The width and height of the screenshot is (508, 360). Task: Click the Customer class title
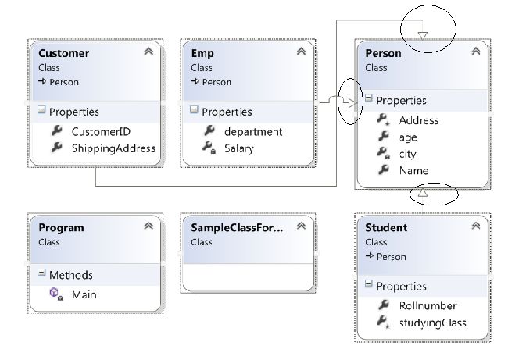[64, 53]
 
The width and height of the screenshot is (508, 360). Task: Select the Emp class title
[203, 53]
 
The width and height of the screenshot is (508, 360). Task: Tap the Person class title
[383, 53]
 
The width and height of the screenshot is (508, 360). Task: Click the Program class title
[62, 227]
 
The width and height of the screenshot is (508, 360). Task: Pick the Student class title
[386, 227]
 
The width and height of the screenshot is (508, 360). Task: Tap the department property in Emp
[252, 131]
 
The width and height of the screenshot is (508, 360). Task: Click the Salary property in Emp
[238, 148]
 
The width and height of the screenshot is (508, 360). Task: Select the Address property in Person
[418, 120]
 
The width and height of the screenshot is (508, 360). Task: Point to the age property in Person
[408, 137]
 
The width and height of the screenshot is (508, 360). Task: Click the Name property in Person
[413, 170]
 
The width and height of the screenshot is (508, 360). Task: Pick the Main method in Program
[84, 294]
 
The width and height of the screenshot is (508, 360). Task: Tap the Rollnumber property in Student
[427, 305]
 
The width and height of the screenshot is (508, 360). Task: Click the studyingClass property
[431, 323]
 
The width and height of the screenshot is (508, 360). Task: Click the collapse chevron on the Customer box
[148, 52]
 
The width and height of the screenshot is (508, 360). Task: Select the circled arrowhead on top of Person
[423, 34]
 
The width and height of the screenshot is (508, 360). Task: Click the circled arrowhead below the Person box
[422, 192]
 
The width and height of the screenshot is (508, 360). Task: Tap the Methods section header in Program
[70, 275]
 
